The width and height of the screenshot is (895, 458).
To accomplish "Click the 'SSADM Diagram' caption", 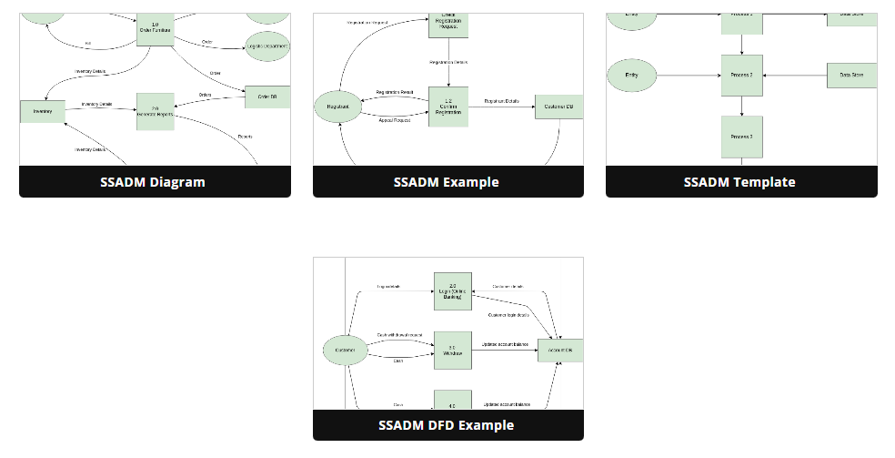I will pos(153,181).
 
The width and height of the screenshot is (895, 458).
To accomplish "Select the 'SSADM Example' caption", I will pos(446,181).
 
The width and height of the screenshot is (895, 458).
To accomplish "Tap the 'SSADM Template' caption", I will pos(739,181).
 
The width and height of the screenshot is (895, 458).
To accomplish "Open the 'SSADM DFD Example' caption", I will pos(446,425).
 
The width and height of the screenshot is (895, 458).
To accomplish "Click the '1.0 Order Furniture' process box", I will pos(156,27).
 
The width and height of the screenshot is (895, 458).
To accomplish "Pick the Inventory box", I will pos(43,111).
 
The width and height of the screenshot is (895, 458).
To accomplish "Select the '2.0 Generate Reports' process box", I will pos(156,111).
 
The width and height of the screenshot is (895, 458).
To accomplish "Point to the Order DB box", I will pos(267,97).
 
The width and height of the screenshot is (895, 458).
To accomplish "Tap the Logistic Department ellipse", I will pos(268,46).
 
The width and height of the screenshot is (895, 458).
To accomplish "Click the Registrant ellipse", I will pos(338,107).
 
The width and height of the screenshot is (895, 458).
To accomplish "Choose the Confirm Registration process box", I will pos(448,107).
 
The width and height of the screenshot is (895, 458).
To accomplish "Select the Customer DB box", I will pos(558,107).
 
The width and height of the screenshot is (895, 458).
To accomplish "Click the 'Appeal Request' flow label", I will pos(394,120).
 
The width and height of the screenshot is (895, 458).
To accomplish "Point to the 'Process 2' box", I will pos(741,75).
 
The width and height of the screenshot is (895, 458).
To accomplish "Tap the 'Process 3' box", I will pos(741,137).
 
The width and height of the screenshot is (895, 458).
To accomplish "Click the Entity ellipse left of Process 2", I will pos(632,75).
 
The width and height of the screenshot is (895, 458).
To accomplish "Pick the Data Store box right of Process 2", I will pos(851,75).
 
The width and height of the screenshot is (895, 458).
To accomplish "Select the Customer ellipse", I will pos(346,351).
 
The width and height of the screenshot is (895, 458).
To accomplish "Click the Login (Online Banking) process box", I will pos(452,291).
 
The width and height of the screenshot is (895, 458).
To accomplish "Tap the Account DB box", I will pos(560,351).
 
